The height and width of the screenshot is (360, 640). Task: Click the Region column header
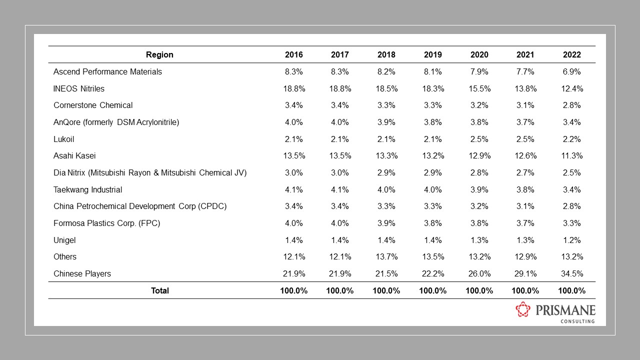159,54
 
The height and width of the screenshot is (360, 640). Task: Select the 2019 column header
432,54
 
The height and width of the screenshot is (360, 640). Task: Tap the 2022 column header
571,54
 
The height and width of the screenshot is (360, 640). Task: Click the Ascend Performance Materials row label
107,71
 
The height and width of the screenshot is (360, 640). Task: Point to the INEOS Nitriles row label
79,88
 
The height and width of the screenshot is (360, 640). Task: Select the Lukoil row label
63,139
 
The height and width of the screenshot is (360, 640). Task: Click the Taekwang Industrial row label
87,189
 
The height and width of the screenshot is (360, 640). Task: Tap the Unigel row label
64,240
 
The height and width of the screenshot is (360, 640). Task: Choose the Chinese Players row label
82,273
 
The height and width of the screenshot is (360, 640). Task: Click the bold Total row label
160,290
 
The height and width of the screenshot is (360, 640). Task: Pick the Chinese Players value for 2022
571,273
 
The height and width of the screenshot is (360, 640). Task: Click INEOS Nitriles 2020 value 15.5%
479,88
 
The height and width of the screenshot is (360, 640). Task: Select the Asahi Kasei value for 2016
294,155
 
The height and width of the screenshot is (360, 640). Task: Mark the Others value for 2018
386,256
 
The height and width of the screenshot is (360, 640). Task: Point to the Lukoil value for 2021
525,139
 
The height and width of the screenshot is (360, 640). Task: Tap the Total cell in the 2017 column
340,290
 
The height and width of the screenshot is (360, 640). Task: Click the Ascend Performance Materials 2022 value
571,71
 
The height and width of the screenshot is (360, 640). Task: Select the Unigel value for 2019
432,240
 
